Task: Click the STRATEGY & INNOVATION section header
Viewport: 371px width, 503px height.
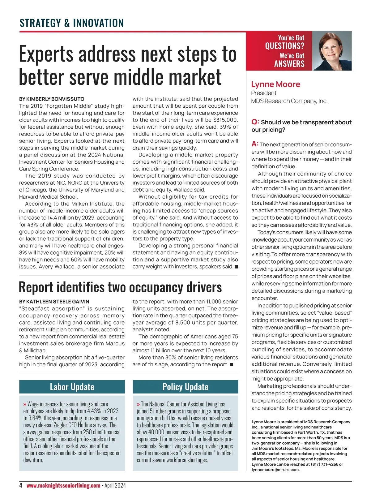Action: point(71,23)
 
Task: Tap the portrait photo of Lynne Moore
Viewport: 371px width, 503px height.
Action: point(331,51)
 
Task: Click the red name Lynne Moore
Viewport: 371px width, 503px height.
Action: point(275,84)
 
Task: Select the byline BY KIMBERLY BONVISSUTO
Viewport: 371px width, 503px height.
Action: point(52,99)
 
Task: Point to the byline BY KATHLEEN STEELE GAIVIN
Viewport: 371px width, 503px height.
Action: point(54,302)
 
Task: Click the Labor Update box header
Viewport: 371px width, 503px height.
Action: point(72,387)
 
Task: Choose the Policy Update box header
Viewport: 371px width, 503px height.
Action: point(185,387)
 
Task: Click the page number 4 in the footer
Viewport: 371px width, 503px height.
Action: point(21,485)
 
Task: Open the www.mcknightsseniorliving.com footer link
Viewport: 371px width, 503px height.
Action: point(63,485)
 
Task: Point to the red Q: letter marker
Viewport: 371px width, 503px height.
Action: point(255,122)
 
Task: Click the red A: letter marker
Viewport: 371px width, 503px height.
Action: point(255,144)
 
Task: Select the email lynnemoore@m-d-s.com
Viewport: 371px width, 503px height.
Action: point(275,470)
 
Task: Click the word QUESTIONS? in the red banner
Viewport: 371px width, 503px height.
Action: point(284,46)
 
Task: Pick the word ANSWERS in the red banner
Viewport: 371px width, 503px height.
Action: point(289,64)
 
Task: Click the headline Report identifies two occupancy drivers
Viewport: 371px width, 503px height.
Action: point(120,287)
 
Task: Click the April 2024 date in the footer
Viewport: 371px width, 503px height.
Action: point(115,485)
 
